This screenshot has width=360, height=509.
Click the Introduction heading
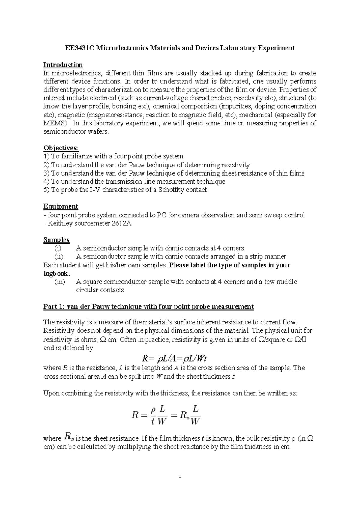(x=63, y=65)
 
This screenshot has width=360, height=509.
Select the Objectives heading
(x=61, y=148)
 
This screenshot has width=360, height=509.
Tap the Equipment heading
(x=61, y=206)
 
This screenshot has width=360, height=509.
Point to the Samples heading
(x=56, y=240)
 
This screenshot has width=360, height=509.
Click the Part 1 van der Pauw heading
(x=148, y=306)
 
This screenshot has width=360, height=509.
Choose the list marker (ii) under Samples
(x=58, y=257)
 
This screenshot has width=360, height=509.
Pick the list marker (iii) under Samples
(x=59, y=282)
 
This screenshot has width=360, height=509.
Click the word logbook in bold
(x=56, y=273)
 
